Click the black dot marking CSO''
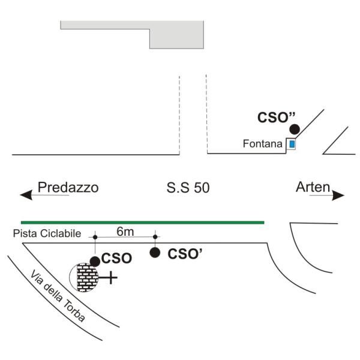click(x=295, y=129)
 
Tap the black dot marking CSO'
click(x=155, y=253)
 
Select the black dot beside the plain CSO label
click(x=95, y=262)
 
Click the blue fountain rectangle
click(x=292, y=144)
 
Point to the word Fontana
click(x=262, y=144)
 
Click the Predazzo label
click(x=68, y=187)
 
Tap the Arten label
click(x=313, y=187)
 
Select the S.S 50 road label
click(x=188, y=188)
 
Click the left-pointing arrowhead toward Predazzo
click(x=26, y=195)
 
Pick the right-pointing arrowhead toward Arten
click(x=338, y=196)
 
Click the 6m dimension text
click(x=125, y=232)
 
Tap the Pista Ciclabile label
click(x=47, y=233)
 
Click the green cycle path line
click(x=143, y=222)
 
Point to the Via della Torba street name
click(x=58, y=296)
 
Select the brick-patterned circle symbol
click(x=84, y=278)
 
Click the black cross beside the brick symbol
click(x=110, y=278)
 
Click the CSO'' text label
click(x=276, y=118)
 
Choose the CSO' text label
click(x=185, y=254)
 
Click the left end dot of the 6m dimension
click(x=95, y=237)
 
